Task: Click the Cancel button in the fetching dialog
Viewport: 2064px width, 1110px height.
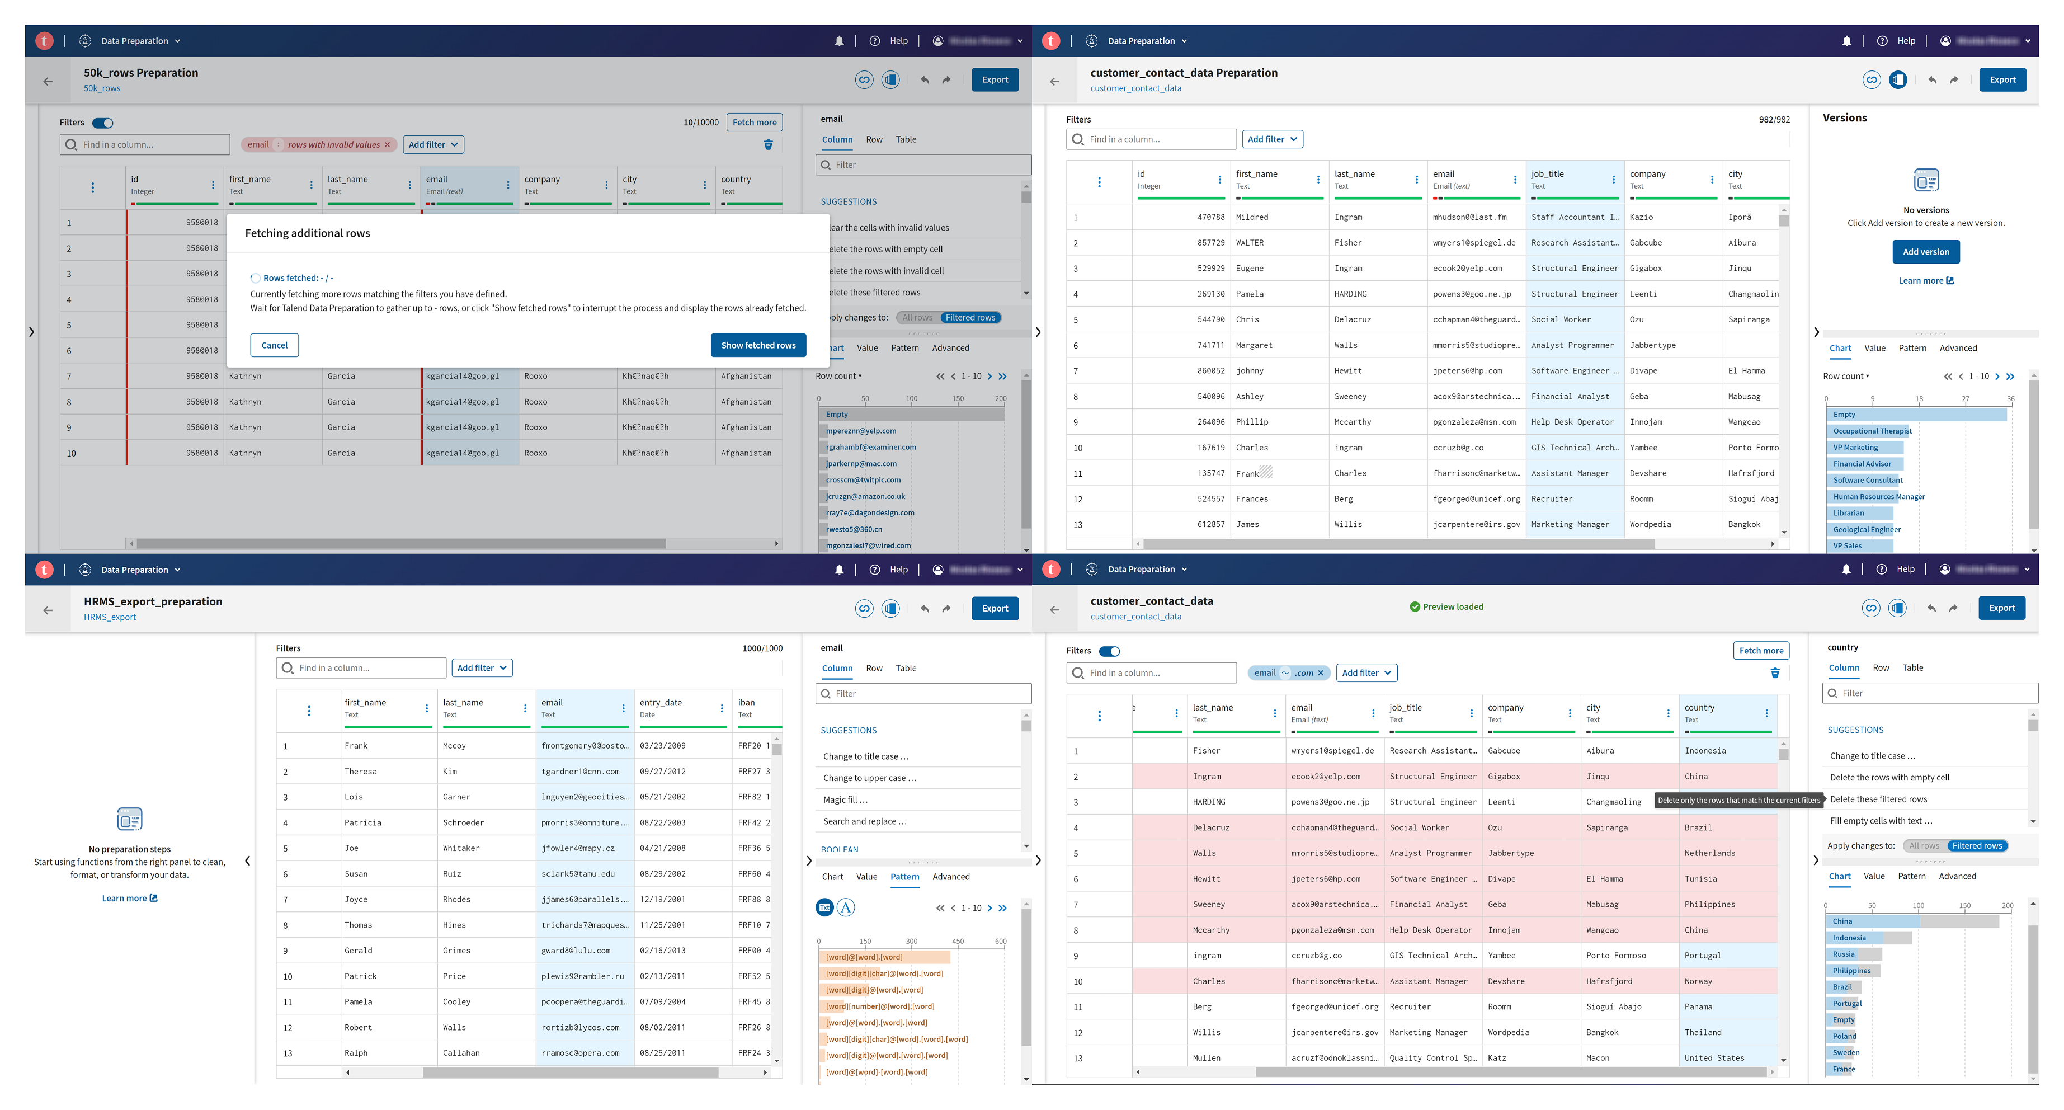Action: tap(274, 345)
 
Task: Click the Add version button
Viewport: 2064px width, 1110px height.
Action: tap(1925, 252)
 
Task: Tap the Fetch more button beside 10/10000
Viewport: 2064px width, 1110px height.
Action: tap(754, 123)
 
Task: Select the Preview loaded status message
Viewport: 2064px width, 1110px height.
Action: tap(1446, 606)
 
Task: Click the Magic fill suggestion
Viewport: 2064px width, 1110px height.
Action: tap(845, 800)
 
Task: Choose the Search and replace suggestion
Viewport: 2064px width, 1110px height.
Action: tap(865, 821)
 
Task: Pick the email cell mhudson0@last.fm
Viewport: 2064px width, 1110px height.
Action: tap(1469, 217)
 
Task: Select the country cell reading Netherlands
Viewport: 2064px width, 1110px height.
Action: tap(1710, 854)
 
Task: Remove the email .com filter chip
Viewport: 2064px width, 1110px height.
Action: tap(1321, 673)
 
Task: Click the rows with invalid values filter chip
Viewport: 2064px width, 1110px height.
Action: tap(333, 145)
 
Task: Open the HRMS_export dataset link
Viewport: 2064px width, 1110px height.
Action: tap(110, 617)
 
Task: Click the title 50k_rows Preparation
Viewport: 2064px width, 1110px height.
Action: tap(141, 73)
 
